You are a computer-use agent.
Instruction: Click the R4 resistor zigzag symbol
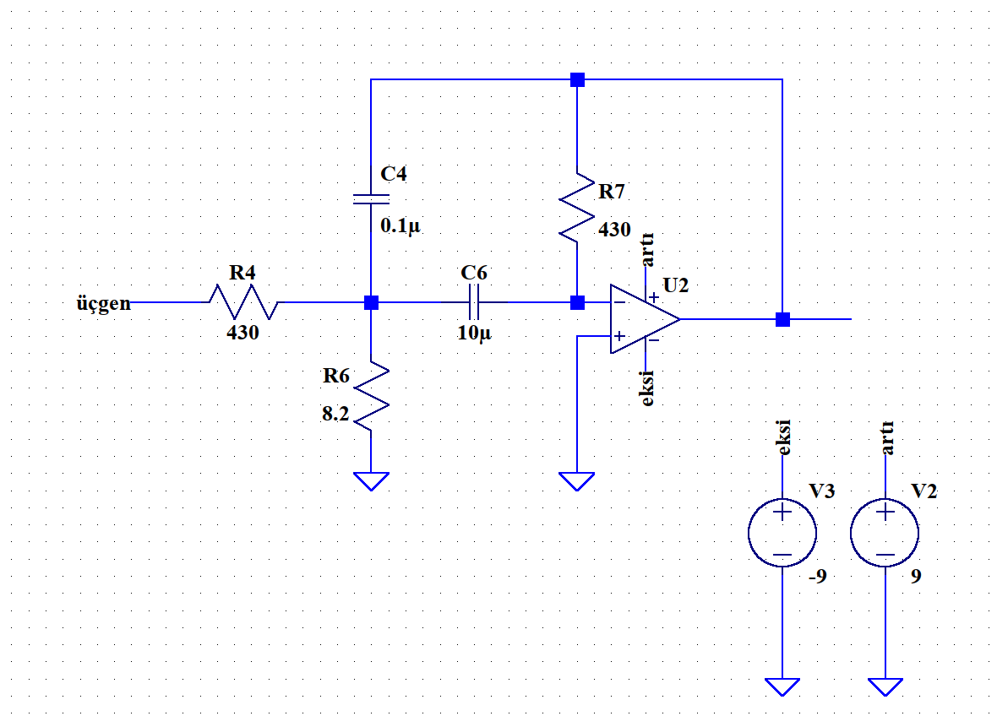pos(243,301)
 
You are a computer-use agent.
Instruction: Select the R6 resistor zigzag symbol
pos(371,396)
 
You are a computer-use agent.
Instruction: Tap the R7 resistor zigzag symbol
pos(577,207)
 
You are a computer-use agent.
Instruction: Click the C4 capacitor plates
pos(371,199)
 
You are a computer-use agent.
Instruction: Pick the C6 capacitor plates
pos(474,301)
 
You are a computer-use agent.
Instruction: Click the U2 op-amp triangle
pos(645,319)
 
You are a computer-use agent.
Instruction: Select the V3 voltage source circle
pos(782,533)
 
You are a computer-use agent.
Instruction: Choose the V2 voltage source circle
pos(885,533)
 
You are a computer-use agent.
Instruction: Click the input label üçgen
pos(104,304)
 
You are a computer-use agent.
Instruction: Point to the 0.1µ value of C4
pos(400,226)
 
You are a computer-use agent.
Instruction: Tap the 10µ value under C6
pos(474,333)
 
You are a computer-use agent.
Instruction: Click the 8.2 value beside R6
pos(335,414)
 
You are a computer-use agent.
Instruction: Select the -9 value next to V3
pos(818,576)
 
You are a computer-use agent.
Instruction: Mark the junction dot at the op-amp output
pos(782,319)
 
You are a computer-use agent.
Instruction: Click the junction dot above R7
pos(577,79)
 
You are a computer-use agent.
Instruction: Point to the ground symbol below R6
pos(371,481)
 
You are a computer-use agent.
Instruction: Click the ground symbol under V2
pos(885,686)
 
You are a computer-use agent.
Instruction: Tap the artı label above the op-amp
pos(646,249)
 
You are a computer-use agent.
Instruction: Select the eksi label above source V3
pos(784,437)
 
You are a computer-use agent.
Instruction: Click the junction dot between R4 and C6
pos(371,302)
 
